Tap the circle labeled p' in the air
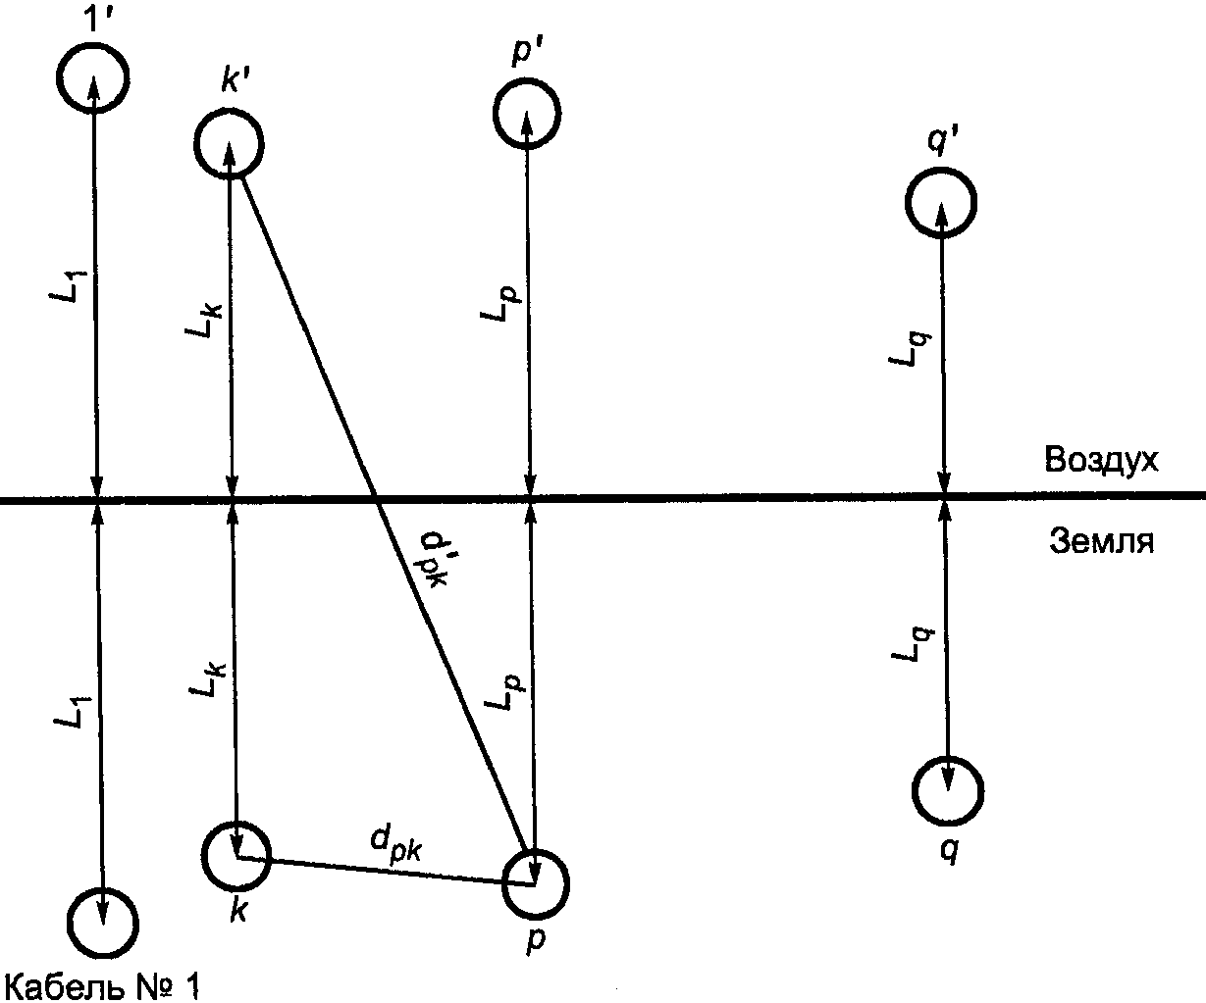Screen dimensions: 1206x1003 point(527,113)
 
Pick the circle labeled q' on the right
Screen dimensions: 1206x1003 point(940,203)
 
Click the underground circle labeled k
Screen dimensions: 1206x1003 point(236,849)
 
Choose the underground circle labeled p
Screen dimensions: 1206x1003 point(535,882)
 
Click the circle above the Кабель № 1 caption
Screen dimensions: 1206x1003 point(104,922)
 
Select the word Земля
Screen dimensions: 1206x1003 point(1101,541)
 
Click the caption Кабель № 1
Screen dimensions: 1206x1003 point(102,984)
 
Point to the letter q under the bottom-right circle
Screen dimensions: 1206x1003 point(948,849)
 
